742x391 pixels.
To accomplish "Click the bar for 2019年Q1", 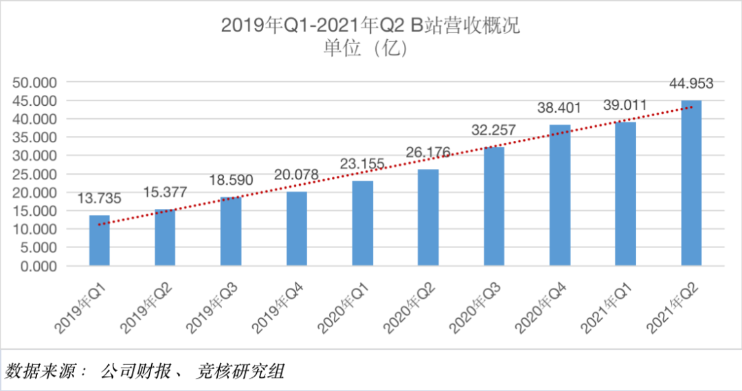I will [99, 240].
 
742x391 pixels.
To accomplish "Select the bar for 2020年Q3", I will [494, 205].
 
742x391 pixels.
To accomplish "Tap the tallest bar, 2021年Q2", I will [691, 182].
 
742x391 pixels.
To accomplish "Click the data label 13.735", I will [99, 199].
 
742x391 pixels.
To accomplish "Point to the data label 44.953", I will [691, 84].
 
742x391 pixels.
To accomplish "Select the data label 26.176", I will [428, 153].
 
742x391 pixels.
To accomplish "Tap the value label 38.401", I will [559, 108].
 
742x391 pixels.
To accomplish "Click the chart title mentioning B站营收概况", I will [371, 25].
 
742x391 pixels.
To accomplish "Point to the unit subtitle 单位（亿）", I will [371, 48].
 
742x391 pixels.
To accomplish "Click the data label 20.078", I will [296, 175].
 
